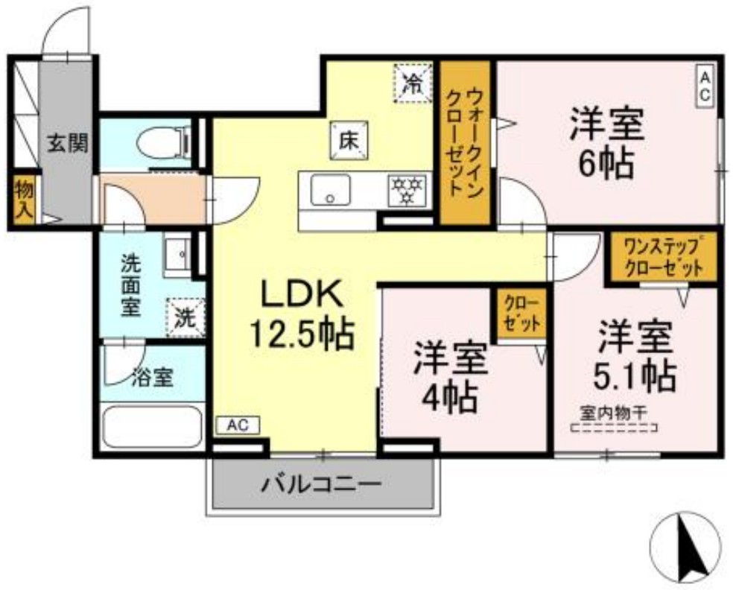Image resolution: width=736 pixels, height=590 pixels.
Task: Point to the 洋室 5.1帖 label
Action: pos(635,356)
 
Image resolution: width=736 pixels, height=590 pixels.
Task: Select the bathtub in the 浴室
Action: pos(152,427)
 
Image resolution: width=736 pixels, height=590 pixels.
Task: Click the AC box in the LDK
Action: pos(237,425)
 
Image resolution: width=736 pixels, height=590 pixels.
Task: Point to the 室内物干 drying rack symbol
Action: pos(613,428)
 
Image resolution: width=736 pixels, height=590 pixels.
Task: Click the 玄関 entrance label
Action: pos(68,143)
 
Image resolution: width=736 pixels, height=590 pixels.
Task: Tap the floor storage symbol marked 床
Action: pos(347,139)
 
